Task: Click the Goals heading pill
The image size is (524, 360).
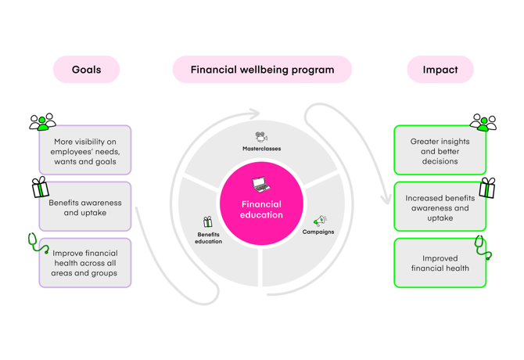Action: click(x=86, y=70)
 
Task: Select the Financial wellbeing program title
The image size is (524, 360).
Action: click(x=262, y=70)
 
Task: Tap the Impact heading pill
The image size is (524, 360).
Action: click(x=440, y=70)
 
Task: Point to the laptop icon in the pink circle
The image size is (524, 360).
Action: click(x=261, y=185)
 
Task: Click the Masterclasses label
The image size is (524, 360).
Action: click(x=261, y=148)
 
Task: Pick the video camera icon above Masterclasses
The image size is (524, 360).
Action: click(x=261, y=137)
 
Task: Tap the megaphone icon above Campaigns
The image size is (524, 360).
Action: click(x=319, y=221)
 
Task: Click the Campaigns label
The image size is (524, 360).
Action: click(x=318, y=232)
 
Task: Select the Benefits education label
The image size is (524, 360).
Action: click(x=208, y=238)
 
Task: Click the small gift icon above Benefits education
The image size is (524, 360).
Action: click(x=207, y=222)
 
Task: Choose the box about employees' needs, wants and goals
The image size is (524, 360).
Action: click(x=85, y=151)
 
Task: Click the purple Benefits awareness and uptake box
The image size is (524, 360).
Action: click(x=85, y=207)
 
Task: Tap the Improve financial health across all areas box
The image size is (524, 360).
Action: click(x=85, y=263)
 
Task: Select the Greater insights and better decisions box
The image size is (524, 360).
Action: click(x=440, y=151)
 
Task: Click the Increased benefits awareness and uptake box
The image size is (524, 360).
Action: click(x=440, y=207)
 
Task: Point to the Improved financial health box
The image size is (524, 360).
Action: click(x=440, y=263)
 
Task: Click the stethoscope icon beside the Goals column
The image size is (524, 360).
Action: click(x=38, y=244)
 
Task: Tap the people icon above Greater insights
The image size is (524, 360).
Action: click(x=483, y=122)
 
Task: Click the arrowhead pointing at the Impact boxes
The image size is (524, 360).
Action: click(x=385, y=199)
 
